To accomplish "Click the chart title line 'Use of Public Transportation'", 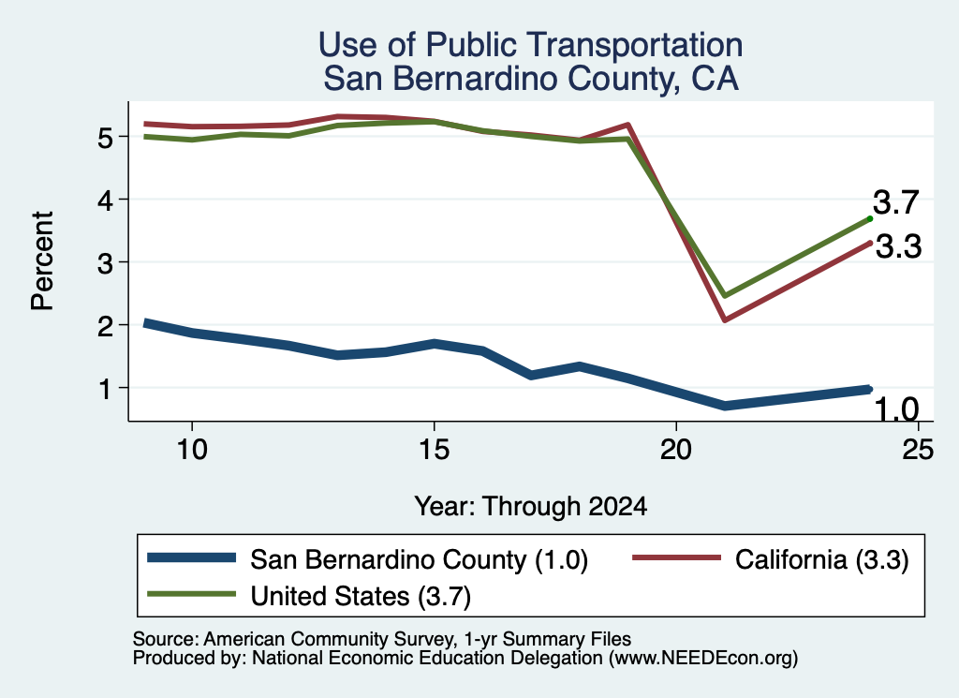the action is pos(530,45).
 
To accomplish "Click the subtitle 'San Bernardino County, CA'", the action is pos(530,79).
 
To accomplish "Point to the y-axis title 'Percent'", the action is pos(42,261).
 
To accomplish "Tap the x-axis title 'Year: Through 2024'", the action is pos(530,507).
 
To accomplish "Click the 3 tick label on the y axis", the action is pos(105,262).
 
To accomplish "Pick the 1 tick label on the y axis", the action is pos(105,388).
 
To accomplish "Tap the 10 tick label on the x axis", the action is pos(192,450).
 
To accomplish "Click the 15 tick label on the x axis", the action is pos(435,450).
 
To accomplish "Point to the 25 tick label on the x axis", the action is pos(918,450).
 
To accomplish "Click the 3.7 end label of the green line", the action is pos(896,202).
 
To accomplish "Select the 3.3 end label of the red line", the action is pos(898,247).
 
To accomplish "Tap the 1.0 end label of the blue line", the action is pos(896,408).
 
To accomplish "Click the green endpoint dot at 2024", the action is pos(870,218).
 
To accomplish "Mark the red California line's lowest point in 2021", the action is pos(725,319).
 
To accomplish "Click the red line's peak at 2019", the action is pos(627,125).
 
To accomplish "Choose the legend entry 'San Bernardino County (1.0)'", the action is pos(367,559).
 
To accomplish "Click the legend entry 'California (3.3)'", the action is pos(771,559).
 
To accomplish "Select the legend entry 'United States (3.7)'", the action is pos(309,596).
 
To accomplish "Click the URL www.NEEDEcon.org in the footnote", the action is pos(702,658).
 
